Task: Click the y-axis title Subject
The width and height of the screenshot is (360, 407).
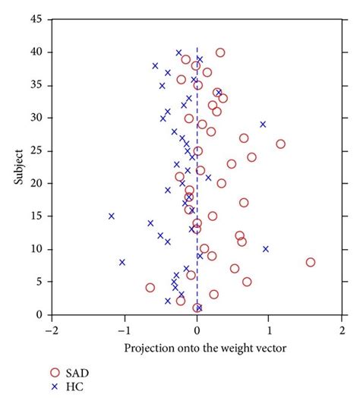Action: pos(16,167)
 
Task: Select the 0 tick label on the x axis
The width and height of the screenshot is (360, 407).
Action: pos(197,330)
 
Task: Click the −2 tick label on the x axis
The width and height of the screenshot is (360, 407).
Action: pos(51,330)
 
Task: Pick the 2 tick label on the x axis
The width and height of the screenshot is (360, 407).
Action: pos(343,330)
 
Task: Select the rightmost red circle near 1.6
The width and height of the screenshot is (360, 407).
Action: pos(311,262)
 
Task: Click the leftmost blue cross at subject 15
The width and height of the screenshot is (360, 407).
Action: pos(112,216)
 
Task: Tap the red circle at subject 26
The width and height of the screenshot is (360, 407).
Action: pos(280,144)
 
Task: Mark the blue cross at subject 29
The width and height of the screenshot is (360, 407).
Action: pos(263,124)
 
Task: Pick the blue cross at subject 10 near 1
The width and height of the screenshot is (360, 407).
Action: pos(266,249)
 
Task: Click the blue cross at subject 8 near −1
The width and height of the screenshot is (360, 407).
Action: pos(122,262)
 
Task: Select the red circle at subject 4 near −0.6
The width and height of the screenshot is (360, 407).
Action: pos(150,288)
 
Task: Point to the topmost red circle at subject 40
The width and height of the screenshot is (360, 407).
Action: pos(220,52)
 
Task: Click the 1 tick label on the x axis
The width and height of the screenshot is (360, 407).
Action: pos(270,330)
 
